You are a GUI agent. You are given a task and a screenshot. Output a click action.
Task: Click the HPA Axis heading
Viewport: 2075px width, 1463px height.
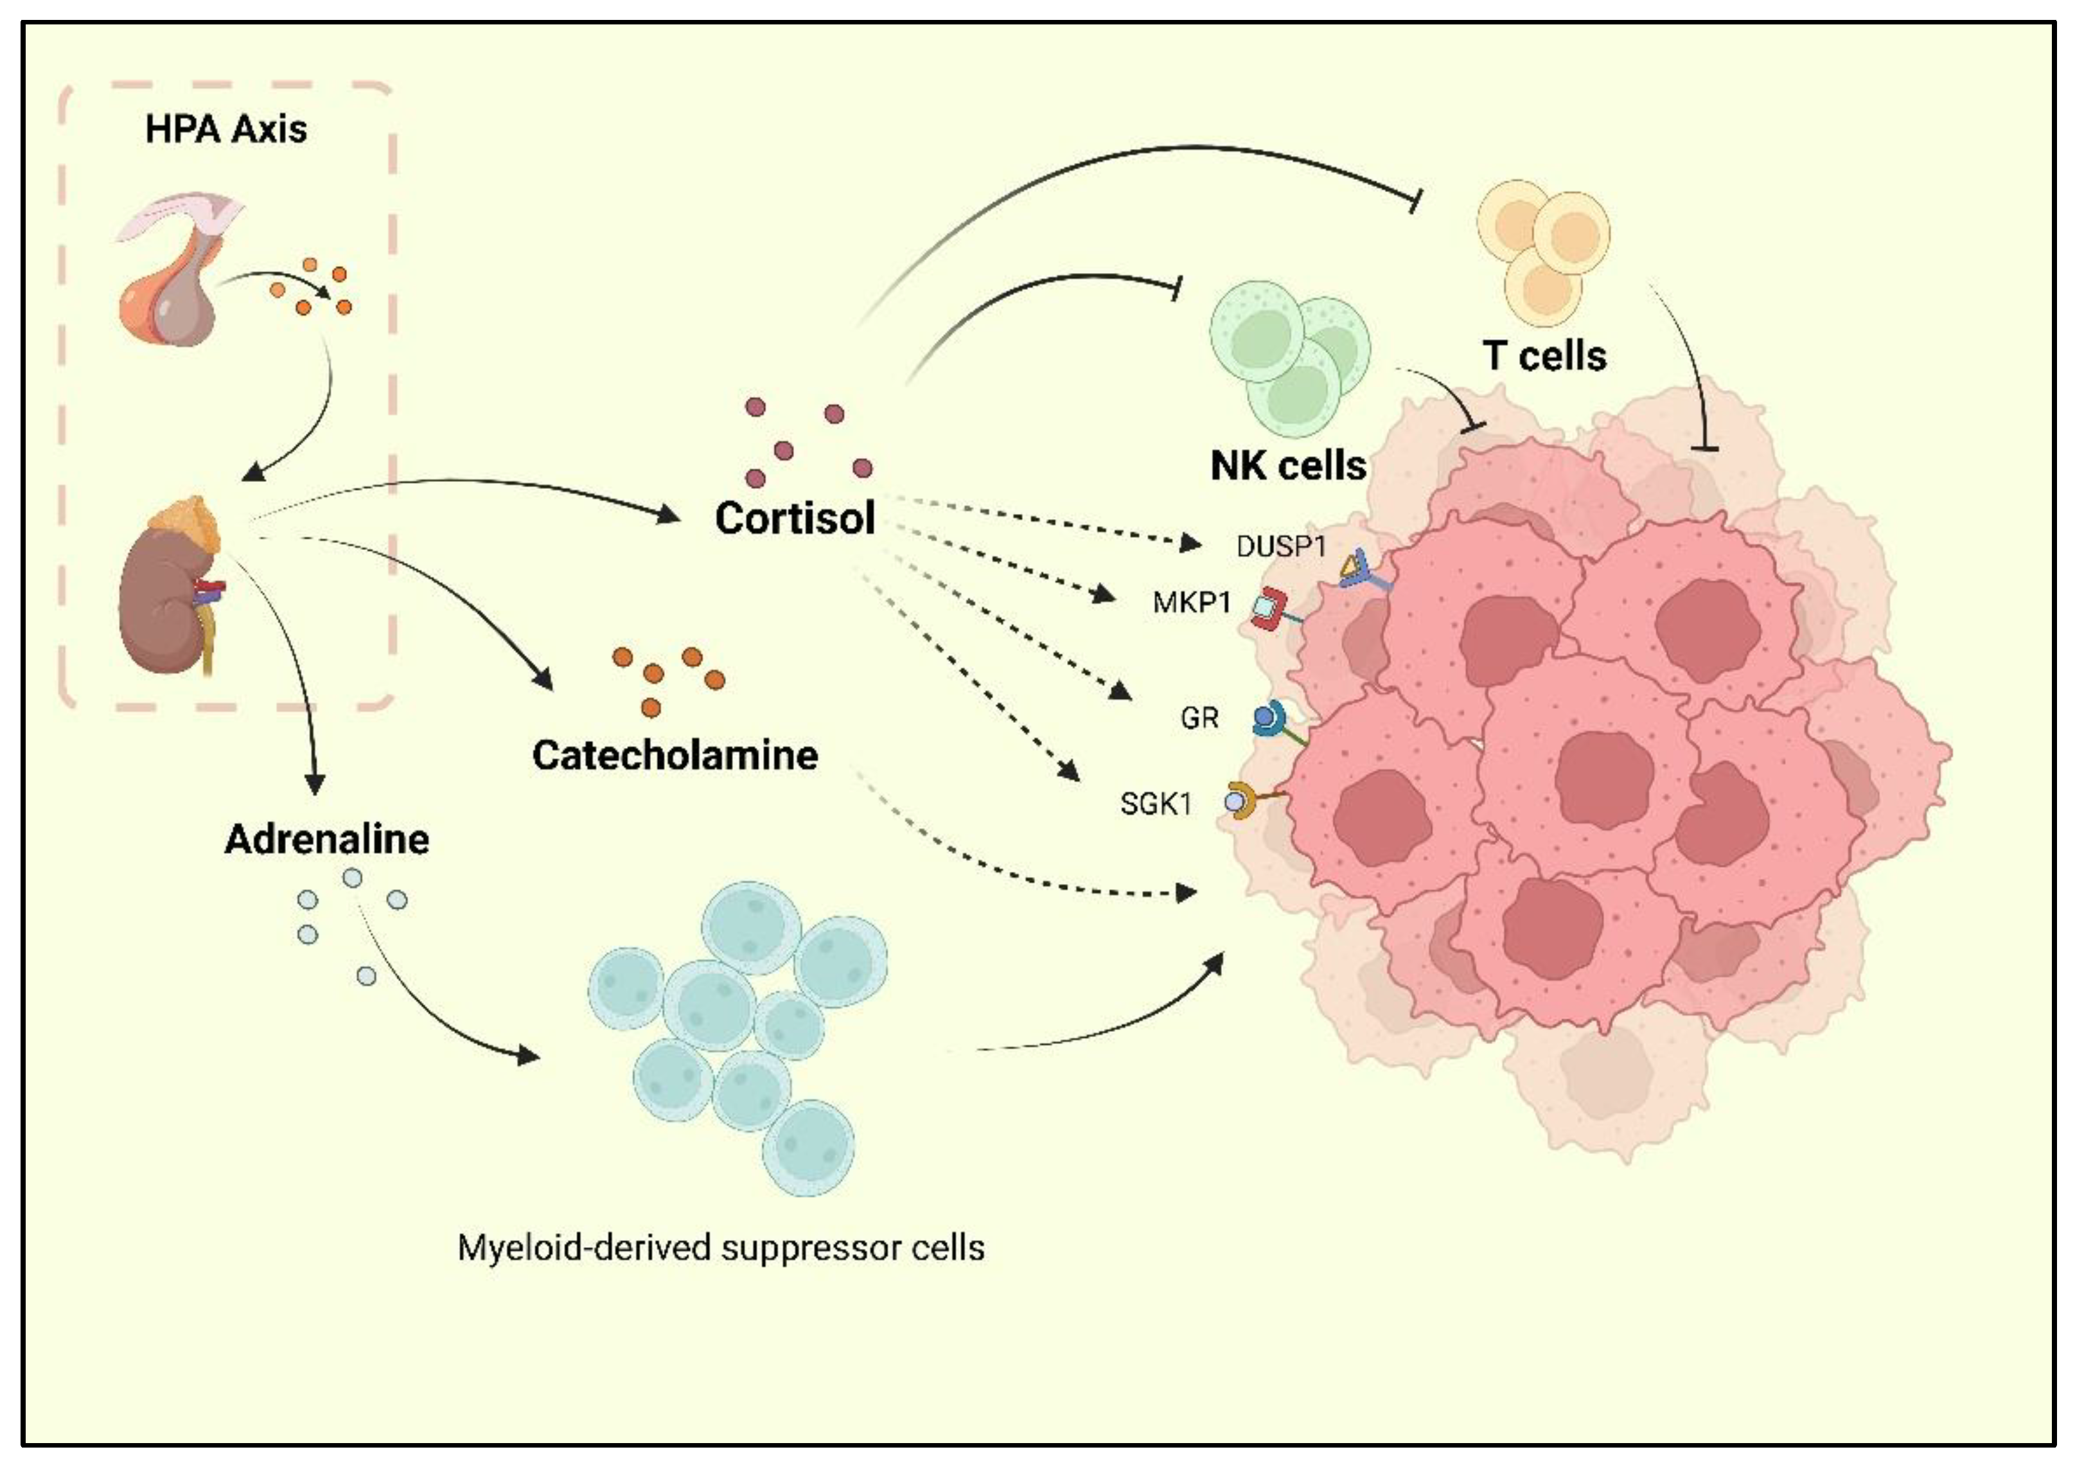pos(226,129)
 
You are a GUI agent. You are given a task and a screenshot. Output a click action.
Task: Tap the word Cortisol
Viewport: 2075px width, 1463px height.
pos(795,518)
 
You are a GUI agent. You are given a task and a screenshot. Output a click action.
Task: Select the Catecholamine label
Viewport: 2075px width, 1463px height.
pos(675,756)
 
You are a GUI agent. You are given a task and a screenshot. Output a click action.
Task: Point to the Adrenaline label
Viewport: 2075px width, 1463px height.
pos(326,840)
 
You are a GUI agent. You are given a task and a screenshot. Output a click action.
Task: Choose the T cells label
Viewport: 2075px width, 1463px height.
pos(1544,356)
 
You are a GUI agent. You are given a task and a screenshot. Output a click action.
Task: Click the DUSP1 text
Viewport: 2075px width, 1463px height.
pos(1280,547)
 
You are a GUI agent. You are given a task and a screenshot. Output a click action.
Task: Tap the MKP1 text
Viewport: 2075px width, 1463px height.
pos(1191,603)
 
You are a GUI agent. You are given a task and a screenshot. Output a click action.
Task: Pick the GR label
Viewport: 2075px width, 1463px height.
pos(1199,718)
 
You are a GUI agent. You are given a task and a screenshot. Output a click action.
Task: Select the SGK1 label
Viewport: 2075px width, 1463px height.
pos(1156,803)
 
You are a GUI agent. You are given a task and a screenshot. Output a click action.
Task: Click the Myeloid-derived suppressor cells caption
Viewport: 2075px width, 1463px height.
pos(720,1248)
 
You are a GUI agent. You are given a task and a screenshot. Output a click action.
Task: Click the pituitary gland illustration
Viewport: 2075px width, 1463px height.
pos(172,280)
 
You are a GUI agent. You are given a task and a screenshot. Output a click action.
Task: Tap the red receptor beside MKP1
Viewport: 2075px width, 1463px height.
pos(1269,608)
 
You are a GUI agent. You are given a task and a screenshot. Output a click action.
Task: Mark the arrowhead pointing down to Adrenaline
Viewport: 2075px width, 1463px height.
pos(315,785)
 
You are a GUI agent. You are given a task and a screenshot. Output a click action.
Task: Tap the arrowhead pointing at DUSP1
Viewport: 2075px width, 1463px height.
pos(1190,544)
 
